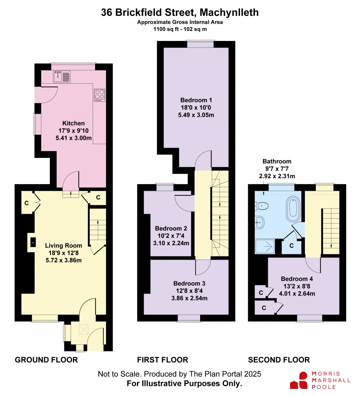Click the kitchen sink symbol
[x=62, y=76]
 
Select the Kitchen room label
[x=73, y=123]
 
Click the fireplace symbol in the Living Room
[x=33, y=242]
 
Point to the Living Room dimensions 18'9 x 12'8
[x=64, y=253]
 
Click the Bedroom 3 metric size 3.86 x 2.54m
[x=190, y=298]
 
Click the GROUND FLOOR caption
[x=46, y=360]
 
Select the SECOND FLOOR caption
[x=279, y=360]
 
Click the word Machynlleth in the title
[x=229, y=13]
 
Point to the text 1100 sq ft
[x=165, y=30]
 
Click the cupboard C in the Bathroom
[x=292, y=246]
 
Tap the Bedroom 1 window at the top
[x=200, y=44]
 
